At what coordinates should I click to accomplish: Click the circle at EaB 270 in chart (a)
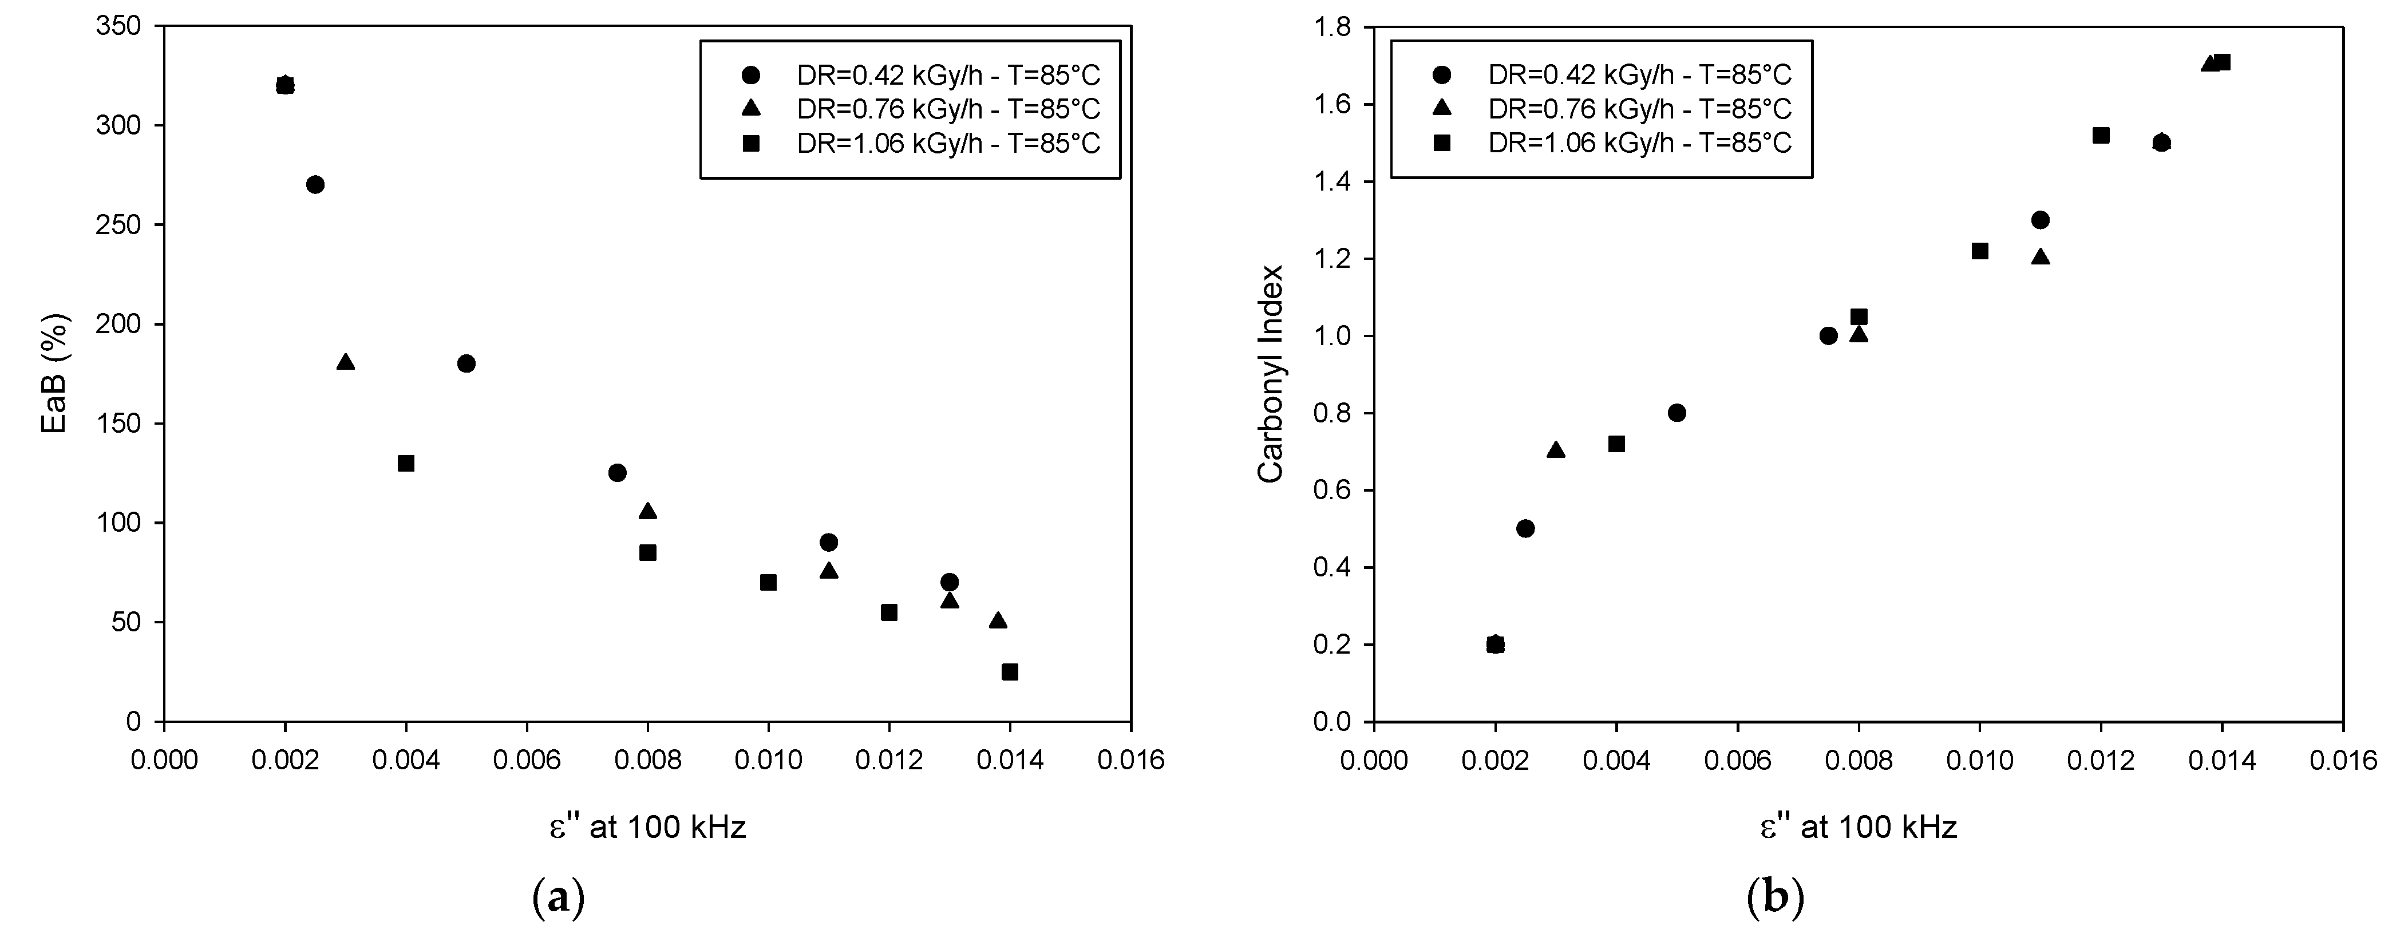point(315,185)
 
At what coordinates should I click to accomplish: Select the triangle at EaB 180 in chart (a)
point(345,362)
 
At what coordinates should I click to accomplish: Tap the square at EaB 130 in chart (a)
point(406,464)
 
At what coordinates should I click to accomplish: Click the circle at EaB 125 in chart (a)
point(617,473)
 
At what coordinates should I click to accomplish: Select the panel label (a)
point(558,899)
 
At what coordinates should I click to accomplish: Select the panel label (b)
point(1775,899)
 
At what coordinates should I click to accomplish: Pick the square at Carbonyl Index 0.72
point(1616,444)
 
